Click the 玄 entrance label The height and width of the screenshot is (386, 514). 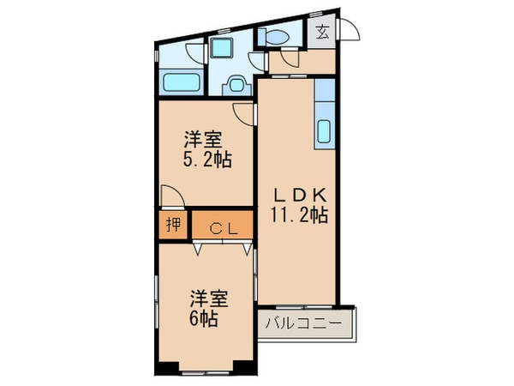coord(323,33)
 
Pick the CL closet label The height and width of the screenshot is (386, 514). coord(222,228)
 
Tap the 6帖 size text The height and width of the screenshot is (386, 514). coord(203,319)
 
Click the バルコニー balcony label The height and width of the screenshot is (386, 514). coord(303,325)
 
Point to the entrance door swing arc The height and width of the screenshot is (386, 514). coord(352,31)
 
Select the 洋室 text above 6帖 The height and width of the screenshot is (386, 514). coord(208,299)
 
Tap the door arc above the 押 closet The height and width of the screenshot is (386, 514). coord(169,196)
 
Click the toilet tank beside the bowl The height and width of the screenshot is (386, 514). coord(261,37)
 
